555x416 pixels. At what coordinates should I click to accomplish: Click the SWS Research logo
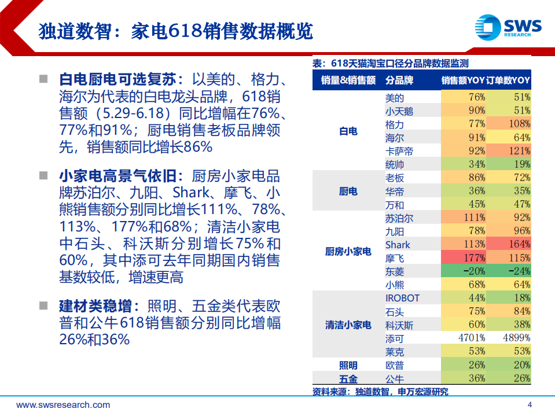click(x=508, y=27)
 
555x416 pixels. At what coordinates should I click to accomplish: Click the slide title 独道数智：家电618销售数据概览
click(x=175, y=31)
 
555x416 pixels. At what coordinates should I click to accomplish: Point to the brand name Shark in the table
click(x=398, y=245)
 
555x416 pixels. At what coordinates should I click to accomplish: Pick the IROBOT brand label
click(x=402, y=298)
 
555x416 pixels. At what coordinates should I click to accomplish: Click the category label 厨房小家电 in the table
click(x=348, y=252)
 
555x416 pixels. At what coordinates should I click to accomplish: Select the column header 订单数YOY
click(x=509, y=80)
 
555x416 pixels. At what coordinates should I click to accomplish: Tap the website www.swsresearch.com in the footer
click(x=63, y=405)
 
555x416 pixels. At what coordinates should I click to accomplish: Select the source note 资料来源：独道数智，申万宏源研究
click(x=380, y=392)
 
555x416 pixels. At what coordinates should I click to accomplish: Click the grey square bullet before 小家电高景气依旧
click(x=43, y=175)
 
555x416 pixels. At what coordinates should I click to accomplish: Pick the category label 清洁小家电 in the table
click(x=348, y=325)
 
